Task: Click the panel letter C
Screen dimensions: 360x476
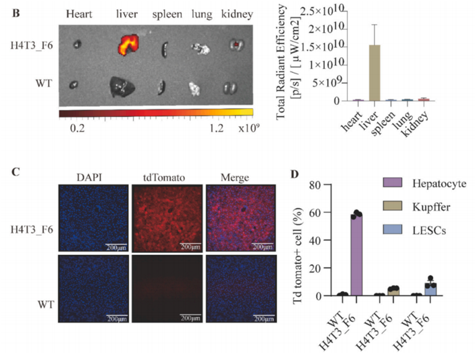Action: (x=16, y=172)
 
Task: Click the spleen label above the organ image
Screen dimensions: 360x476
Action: (x=167, y=14)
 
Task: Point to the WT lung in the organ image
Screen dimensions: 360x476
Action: (x=196, y=88)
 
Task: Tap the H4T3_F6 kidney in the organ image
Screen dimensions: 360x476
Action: (x=236, y=45)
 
